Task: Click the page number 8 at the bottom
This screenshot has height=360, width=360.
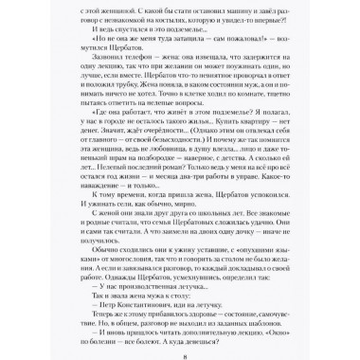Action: tap(180, 346)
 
